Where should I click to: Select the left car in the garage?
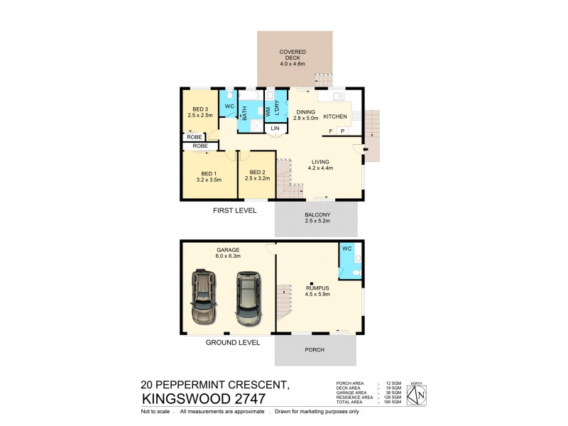pos(203,299)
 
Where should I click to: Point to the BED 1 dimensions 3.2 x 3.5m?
pos(208,180)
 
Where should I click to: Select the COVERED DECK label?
pos(293,52)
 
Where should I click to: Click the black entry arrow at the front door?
pos(366,149)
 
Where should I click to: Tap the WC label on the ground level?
pos(347,248)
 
